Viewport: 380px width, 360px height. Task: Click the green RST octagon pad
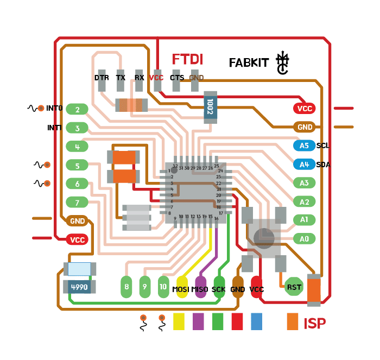pos(294,287)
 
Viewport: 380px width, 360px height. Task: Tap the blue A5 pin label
pos(304,146)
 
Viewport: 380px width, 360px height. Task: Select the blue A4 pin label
pos(304,164)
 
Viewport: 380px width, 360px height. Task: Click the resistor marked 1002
pos(210,107)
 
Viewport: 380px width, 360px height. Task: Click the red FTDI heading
pos(187,60)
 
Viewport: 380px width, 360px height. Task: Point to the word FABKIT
pos(249,63)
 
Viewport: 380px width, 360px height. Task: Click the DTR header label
pos(102,78)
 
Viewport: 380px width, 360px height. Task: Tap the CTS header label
pos(177,78)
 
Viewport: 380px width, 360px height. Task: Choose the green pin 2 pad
pos(78,110)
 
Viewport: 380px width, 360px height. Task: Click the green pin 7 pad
pos(78,203)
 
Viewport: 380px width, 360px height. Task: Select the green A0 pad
pos(304,238)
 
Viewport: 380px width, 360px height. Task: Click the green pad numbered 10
pos(163,286)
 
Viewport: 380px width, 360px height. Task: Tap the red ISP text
pos(315,324)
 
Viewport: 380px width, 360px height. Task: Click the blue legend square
pos(257,321)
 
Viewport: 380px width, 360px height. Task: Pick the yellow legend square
pos(179,321)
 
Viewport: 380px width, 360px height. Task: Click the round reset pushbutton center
pos(264,237)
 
